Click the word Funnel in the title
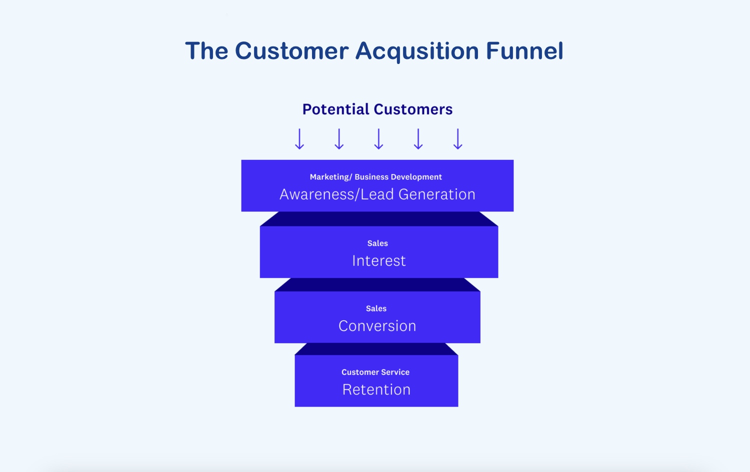click(524, 51)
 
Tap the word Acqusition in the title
click(417, 51)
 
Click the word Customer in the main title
click(291, 51)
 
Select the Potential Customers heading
click(377, 109)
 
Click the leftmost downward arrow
click(299, 138)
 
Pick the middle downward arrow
click(378, 138)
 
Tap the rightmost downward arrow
click(457, 138)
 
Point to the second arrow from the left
click(339, 138)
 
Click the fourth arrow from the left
click(418, 138)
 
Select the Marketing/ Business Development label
click(375, 177)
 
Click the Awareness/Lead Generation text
click(377, 194)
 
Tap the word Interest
click(378, 261)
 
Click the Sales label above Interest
click(377, 243)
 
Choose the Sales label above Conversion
click(376, 308)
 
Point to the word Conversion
click(377, 326)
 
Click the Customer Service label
click(375, 372)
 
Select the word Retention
click(376, 389)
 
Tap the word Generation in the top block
click(437, 194)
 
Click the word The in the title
click(206, 51)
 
